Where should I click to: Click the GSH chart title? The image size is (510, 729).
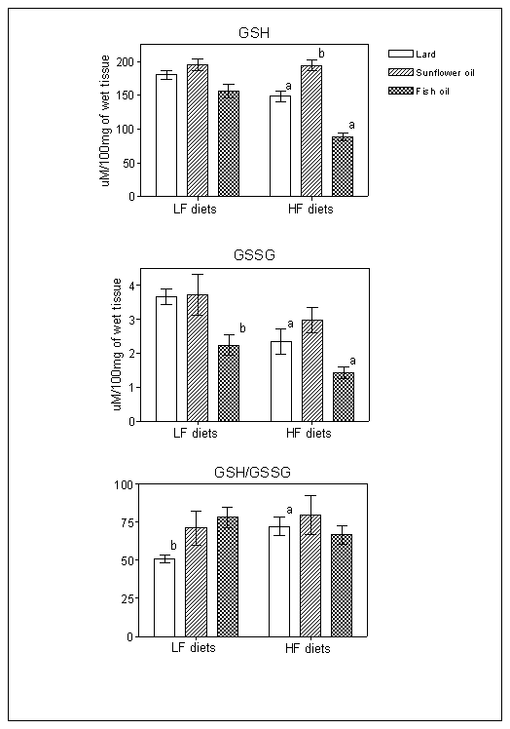254,33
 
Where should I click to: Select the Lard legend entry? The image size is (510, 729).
412,54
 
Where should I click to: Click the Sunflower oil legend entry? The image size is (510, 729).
431,72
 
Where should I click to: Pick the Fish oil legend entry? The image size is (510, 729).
419,92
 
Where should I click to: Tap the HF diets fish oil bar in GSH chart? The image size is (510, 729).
343,166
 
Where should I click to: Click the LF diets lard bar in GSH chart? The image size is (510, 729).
166,134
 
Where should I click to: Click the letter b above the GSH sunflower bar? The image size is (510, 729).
321,53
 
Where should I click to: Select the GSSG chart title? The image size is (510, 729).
255,254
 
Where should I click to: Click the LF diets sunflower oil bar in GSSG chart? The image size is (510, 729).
198,358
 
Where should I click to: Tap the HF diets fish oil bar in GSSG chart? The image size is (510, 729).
344,397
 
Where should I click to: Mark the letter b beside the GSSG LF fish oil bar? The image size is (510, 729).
242,328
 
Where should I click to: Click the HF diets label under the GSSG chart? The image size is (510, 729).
309,434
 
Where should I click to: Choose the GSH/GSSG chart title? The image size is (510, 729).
252,473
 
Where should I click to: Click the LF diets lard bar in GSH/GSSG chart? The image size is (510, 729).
164,597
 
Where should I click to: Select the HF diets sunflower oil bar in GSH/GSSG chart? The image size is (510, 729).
310,576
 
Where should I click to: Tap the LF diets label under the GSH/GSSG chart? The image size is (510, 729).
194,648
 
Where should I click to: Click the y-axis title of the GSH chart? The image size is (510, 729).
106,121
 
